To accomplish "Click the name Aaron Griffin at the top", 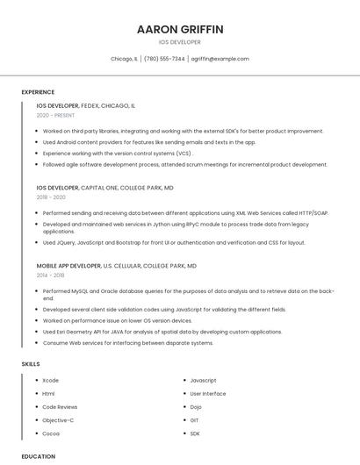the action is pos(180,29).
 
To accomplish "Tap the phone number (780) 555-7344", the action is pos(164,59).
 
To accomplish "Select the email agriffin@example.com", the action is pos(220,59).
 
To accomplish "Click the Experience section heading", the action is pos(38,92).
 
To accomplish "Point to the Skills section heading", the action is pos(31,363).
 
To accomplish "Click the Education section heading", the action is pos(39,456).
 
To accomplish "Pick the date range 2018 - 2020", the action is pos(52,197).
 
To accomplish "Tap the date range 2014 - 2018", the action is pos(51,275).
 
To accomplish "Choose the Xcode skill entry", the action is pos(51,381).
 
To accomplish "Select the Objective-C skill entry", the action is pos(58,420).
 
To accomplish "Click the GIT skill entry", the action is pos(195,420).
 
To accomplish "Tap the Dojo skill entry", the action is pos(196,407).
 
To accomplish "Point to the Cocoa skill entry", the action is pos(51,433).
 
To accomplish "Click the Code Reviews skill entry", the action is pos(60,407).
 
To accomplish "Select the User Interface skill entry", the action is pos(207,394).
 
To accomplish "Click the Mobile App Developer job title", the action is pos(68,265).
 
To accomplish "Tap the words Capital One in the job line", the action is pos(99,188).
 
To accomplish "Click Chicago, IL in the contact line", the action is pos(124,59).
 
